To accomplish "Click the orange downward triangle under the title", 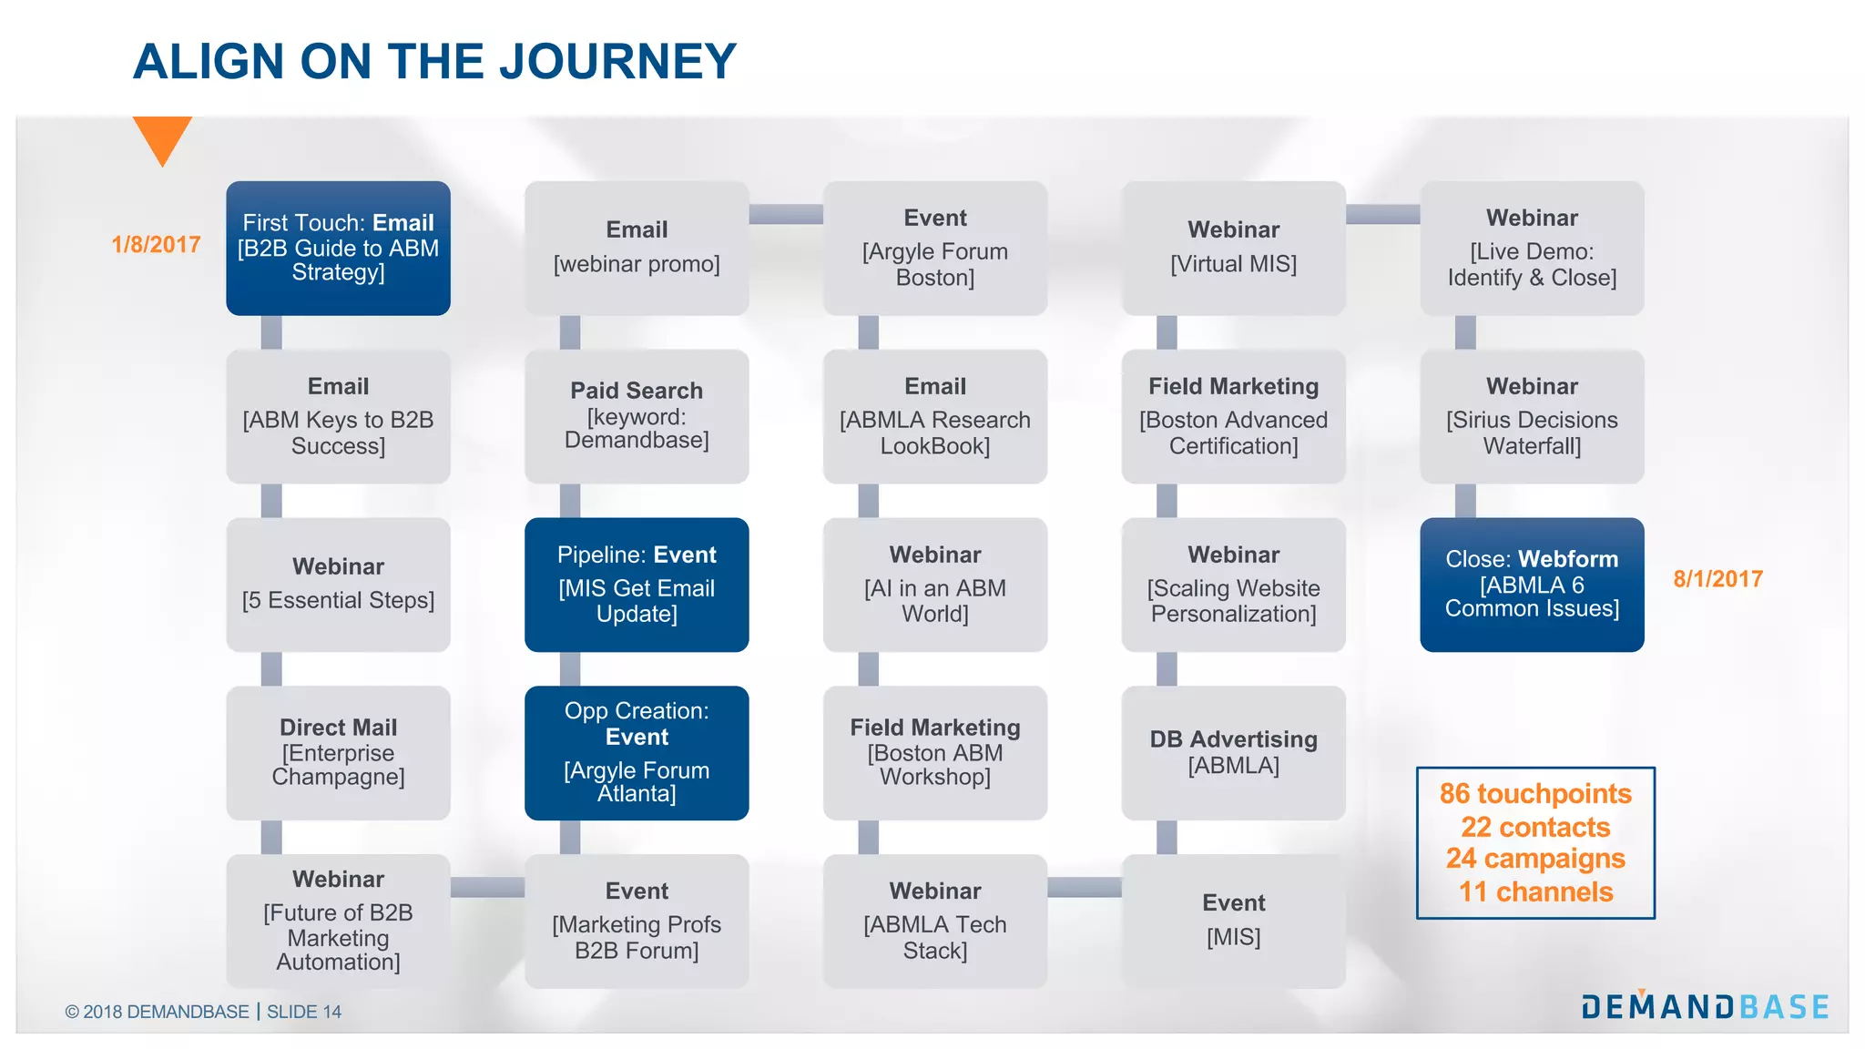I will tap(162, 137).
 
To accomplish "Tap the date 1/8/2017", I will tap(156, 245).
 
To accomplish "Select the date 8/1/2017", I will tap(1717, 579).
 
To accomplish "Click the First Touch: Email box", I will tap(338, 248).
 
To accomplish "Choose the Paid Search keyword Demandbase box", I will tap(637, 416).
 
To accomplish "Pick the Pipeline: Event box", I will tap(637, 585).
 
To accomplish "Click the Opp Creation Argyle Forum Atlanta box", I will tap(637, 752).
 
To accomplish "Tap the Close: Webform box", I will tap(1532, 585).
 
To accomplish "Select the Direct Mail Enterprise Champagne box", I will tap(338, 752).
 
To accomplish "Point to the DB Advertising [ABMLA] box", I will tap(1233, 752).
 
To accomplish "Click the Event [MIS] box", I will tap(1233, 921).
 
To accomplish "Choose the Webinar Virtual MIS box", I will tap(1233, 248).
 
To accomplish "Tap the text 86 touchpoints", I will tap(1535, 794).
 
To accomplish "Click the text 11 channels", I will tap(1535, 892).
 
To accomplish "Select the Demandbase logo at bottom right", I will tap(1705, 1006).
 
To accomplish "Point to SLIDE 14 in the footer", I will tap(304, 1012).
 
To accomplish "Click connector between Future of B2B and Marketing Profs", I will tap(487, 887).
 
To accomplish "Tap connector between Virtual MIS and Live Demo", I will tap(1382, 214).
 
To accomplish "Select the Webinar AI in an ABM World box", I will tap(935, 585).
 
